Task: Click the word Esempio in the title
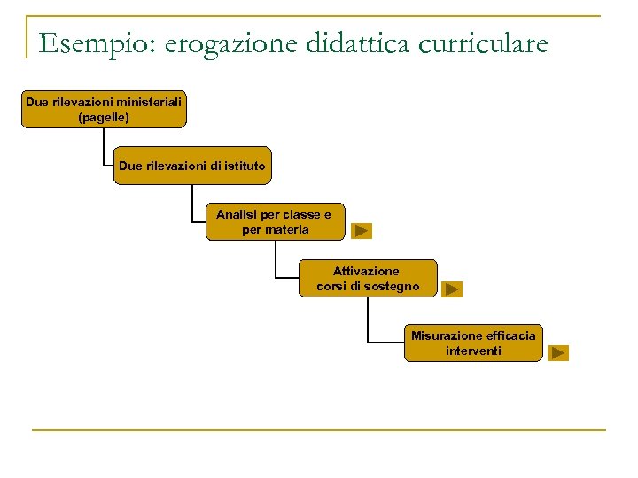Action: coord(89,42)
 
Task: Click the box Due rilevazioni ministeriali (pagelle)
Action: coord(104,110)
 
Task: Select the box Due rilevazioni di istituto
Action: coord(191,166)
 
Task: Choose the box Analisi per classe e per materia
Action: coord(275,222)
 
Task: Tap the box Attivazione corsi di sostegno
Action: coord(368,279)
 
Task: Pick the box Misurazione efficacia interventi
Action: coord(472,343)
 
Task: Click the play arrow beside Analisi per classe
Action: coord(362,231)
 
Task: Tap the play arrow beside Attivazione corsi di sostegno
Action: coord(452,289)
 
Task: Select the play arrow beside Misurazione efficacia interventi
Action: coord(557,352)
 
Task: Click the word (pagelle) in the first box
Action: coord(104,117)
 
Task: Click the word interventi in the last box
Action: coord(473,351)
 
